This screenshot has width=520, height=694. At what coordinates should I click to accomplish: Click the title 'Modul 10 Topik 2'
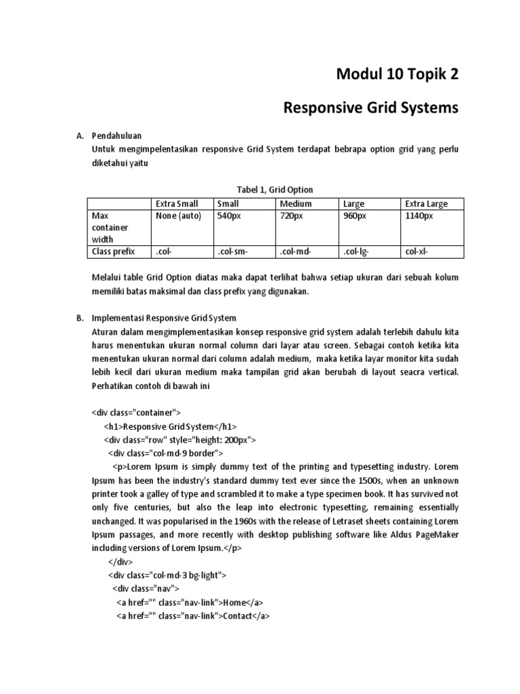(397, 75)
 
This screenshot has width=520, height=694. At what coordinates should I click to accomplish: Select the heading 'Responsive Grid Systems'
(370, 107)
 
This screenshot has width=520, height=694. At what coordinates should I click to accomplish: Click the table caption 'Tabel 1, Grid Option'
(275, 189)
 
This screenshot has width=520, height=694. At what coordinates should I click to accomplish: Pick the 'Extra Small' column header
(177, 203)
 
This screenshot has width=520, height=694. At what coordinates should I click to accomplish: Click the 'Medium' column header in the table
(296, 203)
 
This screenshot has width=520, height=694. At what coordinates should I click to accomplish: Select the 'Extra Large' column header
(426, 203)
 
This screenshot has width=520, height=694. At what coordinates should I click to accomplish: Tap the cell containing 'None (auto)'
(179, 216)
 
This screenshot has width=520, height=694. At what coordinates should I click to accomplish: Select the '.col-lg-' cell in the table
(357, 251)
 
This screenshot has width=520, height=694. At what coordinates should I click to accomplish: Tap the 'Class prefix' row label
(113, 251)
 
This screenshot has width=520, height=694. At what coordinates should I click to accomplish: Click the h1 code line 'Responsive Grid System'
(170, 426)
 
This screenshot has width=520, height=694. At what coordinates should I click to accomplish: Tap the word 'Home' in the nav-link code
(234, 603)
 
